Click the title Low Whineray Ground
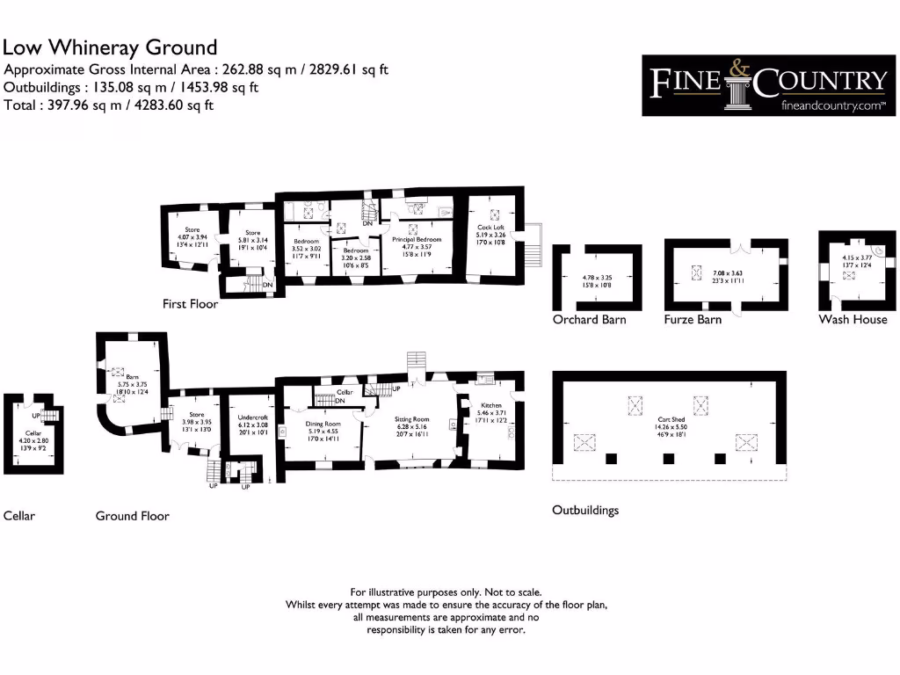tap(110, 47)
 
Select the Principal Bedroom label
tap(416, 239)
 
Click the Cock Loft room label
tap(490, 227)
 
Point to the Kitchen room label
tap(490, 404)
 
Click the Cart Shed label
tap(671, 420)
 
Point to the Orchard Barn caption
tap(589, 319)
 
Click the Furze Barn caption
tap(693, 319)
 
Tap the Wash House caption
tap(853, 319)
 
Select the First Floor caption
tap(190, 304)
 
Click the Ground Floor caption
tap(132, 516)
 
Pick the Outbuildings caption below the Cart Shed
tap(584, 510)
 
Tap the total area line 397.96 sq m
tap(109, 105)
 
